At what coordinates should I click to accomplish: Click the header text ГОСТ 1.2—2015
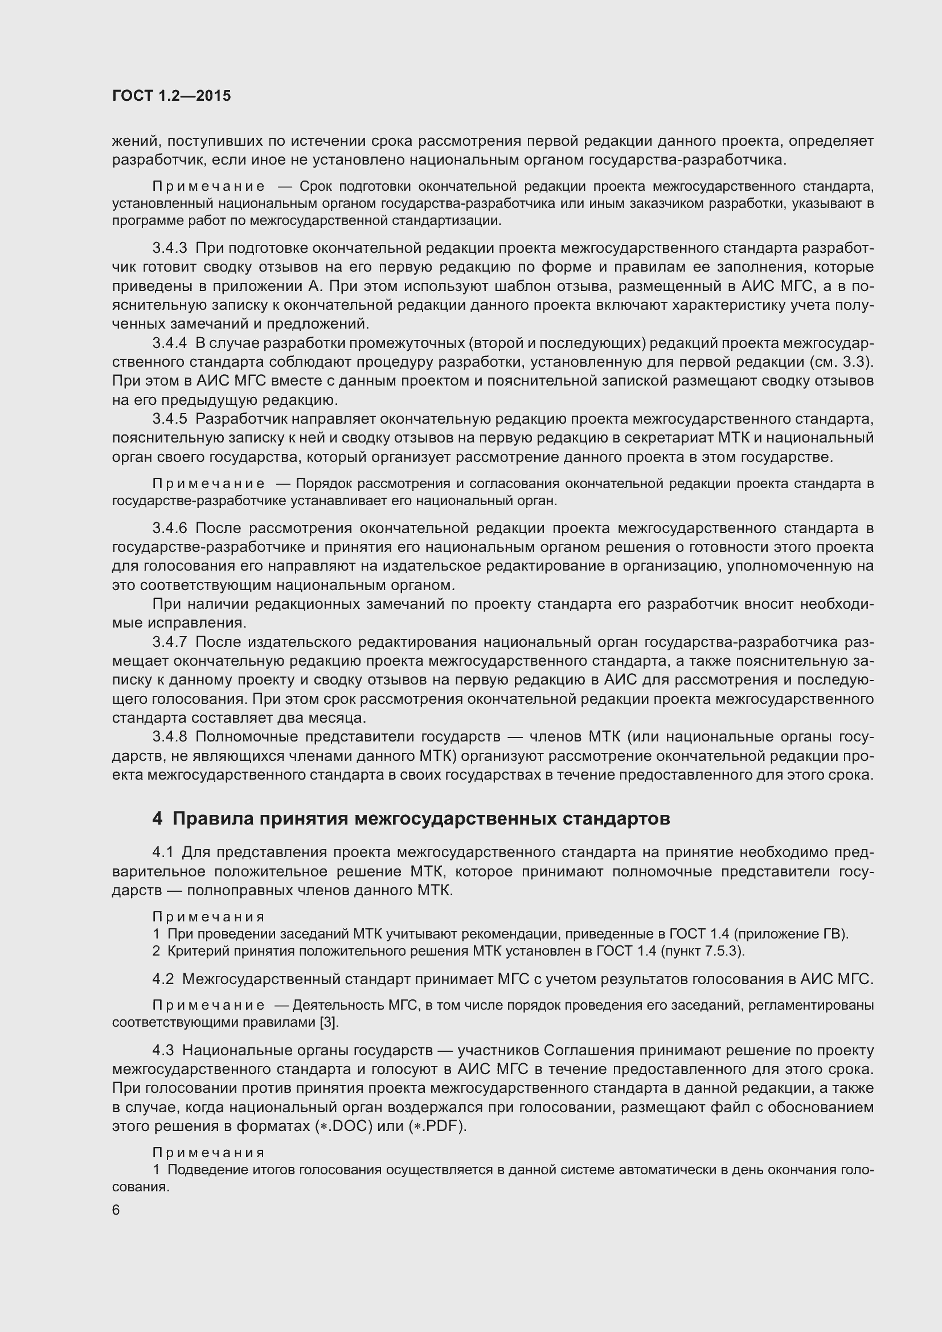click(171, 96)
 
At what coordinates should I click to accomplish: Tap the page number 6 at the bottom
click(116, 1210)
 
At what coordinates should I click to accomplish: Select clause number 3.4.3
click(169, 248)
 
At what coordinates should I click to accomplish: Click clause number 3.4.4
click(169, 343)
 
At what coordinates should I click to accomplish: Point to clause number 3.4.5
click(169, 419)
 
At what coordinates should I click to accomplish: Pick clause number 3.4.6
click(169, 528)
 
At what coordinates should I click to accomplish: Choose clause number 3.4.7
click(169, 642)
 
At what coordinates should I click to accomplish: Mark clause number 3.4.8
click(169, 737)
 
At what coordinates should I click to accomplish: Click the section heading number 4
click(157, 818)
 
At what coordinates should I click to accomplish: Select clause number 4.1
click(163, 853)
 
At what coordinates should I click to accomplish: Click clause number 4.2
click(163, 979)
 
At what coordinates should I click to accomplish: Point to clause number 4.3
click(163, 1051)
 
